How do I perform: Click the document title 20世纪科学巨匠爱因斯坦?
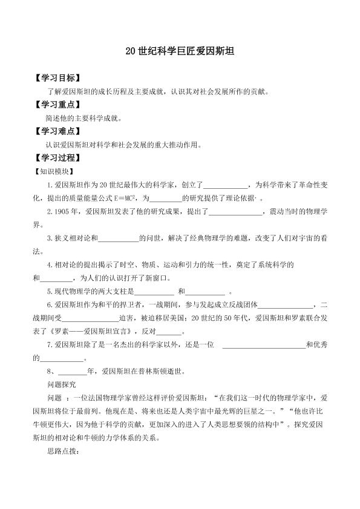[180, 52]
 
